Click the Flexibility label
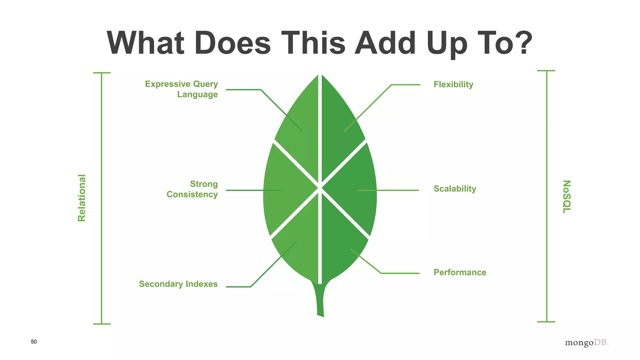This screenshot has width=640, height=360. pyautogui.click(x=453, y=84)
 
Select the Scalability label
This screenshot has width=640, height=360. pyautogui.click(x=455, y=189)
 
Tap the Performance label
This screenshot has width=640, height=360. pyautogui.click(x=460, y=272)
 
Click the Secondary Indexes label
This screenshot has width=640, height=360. pyautogui.click(x=178, y=284)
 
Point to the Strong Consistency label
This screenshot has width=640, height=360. pyautogui.click(x=192, y=189)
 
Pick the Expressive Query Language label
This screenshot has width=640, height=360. pyautogui.click(x=182, y=89)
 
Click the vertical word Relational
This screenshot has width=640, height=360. pyautogui.click(x=82, y=198)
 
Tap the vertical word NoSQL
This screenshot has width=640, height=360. pyautogui.click(x=567, y=197)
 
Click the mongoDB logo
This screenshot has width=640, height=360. pyautogui.click(x=587, y=342)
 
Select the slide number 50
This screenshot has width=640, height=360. pyautogui.click(x=34, y=342)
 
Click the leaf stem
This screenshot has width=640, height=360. pyautogui.click(x=321, y=300)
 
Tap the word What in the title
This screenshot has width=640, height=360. pyautogui.click(x=145, y=43)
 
